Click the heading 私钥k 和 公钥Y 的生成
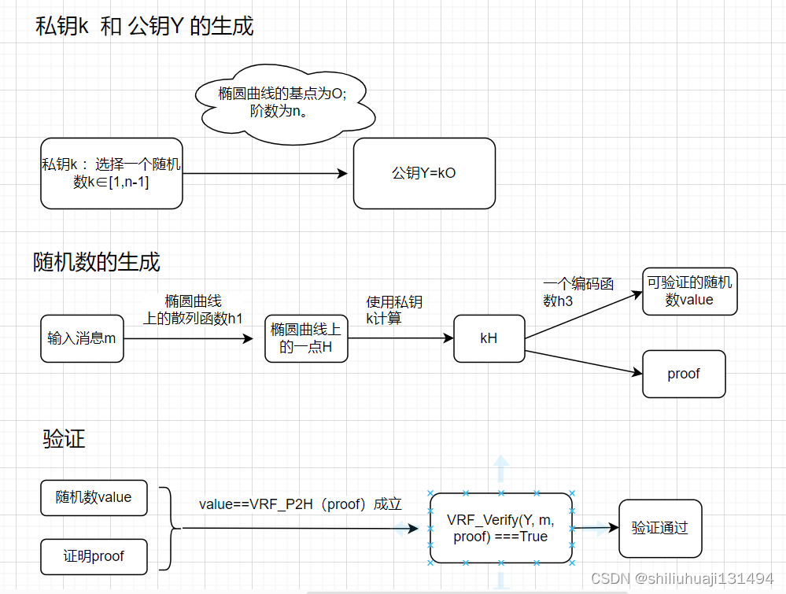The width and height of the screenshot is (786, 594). tap(145, 26)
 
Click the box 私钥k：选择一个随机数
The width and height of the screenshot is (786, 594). tap(111, 173)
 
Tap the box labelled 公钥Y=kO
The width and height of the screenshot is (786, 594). tap(424, 173)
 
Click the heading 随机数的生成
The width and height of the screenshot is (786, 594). tap(97, 261)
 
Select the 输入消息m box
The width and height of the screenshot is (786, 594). tap(82, 338)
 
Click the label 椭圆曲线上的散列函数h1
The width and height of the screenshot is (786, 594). tap(193, 309)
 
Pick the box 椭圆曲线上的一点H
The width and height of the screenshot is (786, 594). tap(306, 338)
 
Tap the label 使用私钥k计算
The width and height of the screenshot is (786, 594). tap(393, 310)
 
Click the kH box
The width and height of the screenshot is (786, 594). tap(489, 338)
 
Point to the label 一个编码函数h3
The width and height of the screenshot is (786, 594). tap(578, 292)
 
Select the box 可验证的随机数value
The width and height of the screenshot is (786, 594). tap(689, 291)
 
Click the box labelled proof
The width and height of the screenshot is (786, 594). tap(684, 374)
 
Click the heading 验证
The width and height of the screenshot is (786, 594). tap(64, 439)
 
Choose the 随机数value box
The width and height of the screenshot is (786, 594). tap(94, 497)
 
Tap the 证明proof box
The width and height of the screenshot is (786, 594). tap(94, 556)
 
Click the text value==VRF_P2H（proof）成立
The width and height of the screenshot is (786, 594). tap(300, 504)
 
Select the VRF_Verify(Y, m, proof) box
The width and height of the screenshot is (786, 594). tap(501, 528)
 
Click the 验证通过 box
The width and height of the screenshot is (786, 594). tap(659, 528)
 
